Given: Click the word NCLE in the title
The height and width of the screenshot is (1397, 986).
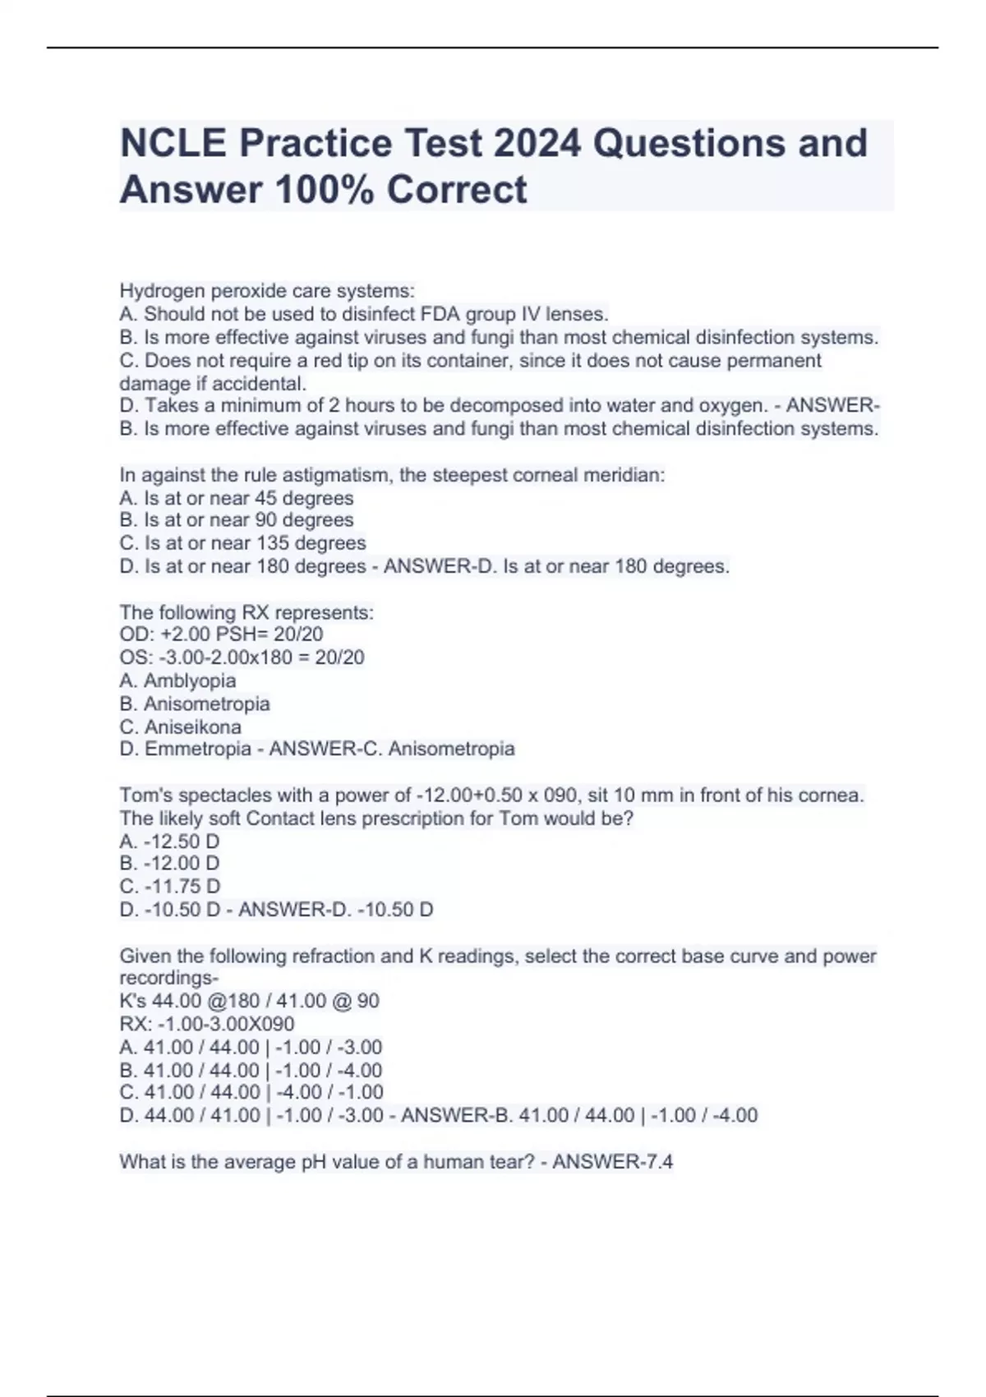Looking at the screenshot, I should click(173, 143).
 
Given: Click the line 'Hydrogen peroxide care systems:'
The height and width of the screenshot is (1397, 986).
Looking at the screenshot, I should click(267, 291).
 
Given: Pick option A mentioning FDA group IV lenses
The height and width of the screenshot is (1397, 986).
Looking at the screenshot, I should click(364, 314).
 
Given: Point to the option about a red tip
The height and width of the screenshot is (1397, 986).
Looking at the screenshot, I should click(470, 361).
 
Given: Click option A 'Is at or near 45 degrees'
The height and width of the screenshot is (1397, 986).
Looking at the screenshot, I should click(237, 498).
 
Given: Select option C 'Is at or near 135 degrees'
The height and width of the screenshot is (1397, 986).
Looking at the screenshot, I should click(242, 543).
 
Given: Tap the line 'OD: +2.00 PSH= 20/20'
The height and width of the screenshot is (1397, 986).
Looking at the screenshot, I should click(221, 634).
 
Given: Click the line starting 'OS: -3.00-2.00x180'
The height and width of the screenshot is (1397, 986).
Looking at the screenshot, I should click(242, 657).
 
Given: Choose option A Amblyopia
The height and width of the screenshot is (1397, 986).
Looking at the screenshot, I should click(177, 680).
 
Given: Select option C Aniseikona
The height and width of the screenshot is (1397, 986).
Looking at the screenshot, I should click(181, 727).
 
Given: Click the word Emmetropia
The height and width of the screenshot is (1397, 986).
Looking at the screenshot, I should click(198, 749).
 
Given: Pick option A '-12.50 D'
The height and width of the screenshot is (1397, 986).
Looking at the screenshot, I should click(169, 841).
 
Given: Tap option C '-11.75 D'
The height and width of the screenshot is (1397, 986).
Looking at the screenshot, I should click(170, 887).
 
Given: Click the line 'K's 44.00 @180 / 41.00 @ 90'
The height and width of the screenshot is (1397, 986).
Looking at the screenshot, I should click(249, 1001).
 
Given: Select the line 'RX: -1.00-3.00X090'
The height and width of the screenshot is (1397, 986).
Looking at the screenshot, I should click(207, 1024).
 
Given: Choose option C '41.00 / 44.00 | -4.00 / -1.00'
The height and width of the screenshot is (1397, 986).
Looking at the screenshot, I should click(251, 1092).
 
